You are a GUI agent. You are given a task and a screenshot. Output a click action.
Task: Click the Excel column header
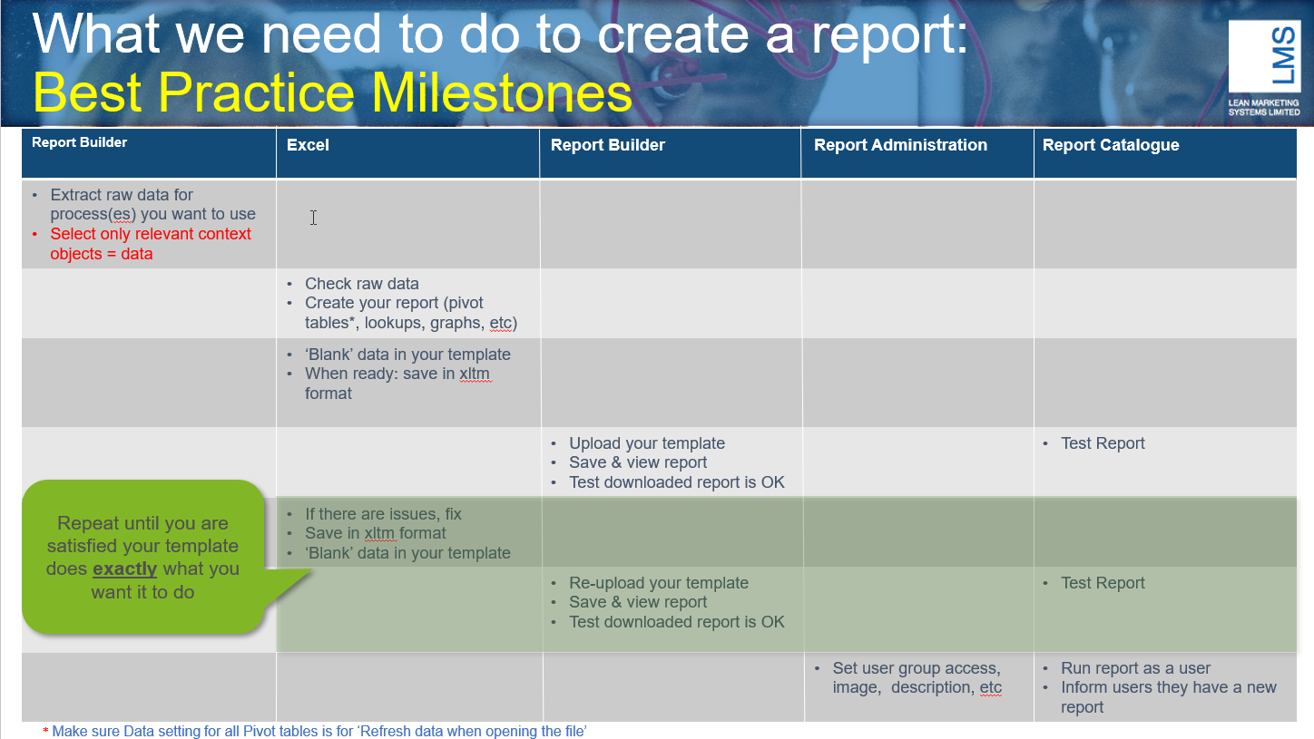click(x=308, y=145)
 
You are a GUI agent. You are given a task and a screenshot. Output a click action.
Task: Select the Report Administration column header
click(x=900, y=145)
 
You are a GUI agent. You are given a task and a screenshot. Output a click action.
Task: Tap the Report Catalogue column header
click(x=1111, y=145)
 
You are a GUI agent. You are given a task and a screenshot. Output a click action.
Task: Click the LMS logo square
click(x=1264, y=56)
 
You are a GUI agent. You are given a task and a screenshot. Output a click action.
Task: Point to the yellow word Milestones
click(x=502, y=92)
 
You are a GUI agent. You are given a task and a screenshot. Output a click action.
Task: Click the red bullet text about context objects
click(x=151, y=244)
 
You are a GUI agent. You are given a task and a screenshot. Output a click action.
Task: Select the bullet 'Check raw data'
click(x=361, y=284)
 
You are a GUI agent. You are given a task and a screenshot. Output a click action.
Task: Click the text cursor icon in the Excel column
click(x=314, y=218)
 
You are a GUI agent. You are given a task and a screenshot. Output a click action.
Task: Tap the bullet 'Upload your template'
click(x=646, y=443)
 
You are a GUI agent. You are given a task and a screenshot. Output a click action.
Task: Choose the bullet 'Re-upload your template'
click(x=658, y=583)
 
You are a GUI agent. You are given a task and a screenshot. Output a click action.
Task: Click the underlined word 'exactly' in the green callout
click(x=125, y=569)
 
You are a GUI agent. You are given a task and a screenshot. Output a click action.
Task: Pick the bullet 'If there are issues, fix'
click(x=382, y=514)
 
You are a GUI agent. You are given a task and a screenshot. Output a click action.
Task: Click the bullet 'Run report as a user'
click(x=1135, y=668)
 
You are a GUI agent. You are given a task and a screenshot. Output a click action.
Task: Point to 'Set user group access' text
click(x=917, y=668)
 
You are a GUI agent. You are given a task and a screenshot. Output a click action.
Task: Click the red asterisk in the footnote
click(x=45, y=732)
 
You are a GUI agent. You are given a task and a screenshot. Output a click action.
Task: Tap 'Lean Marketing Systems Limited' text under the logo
click(x=1264, y=107)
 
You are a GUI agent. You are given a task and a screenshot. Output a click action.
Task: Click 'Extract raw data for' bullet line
click(x=122, y=195)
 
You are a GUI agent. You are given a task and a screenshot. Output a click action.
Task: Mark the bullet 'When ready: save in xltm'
click(x=397, y=374)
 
